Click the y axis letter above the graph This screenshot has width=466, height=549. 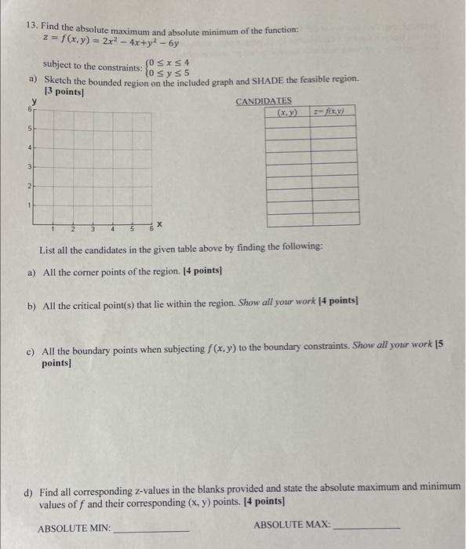tap(34, 101)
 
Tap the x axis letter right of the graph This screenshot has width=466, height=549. tap(158, 225)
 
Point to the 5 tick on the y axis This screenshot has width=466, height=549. tap(29, 128)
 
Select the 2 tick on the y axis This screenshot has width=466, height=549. tap(29, 186)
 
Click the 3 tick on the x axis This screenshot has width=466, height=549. tap(93, 230)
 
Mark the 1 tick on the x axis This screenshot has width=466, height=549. tap(53, 230)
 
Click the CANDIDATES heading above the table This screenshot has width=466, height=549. tap(264, 101)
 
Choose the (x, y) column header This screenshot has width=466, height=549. tap(287, 112)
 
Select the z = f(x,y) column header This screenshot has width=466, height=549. tap(334, 112)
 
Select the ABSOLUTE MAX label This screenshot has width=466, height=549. tap(291, 525)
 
